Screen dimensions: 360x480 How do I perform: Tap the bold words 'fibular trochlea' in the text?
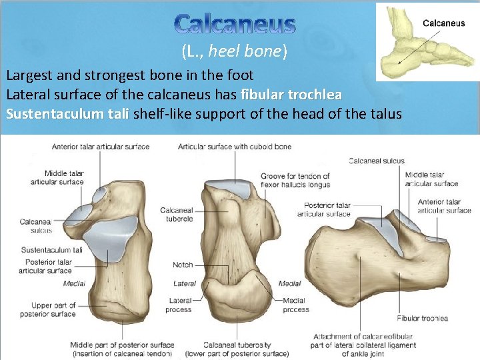tap(291, 94)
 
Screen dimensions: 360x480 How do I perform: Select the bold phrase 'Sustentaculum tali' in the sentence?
tap(67, 114)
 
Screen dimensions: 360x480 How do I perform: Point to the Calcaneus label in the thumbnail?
tap(444, 23)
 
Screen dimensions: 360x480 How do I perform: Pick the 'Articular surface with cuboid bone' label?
tap(235, 147)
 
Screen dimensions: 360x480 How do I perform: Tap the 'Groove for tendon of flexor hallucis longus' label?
tap(295, 181)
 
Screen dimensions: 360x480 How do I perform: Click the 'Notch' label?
tap(183, 265)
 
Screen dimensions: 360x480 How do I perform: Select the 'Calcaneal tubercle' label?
tap(177, 214)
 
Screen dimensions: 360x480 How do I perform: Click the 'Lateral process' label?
tap(180, 305)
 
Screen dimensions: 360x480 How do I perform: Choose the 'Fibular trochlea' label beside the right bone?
tap(422, 319)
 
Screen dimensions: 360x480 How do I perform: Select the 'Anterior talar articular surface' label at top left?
tap(102, 147)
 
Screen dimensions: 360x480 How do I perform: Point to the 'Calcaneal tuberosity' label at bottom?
tap(237, 349)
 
